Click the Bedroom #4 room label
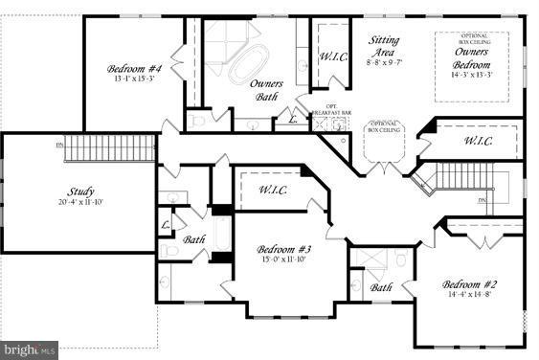coord(134,68)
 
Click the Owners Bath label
coord(266,90)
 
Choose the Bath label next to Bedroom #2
coord(381,287)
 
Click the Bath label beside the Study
coord(195,240)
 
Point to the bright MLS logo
coord(30,350)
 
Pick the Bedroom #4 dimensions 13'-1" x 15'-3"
coord(134,79)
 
